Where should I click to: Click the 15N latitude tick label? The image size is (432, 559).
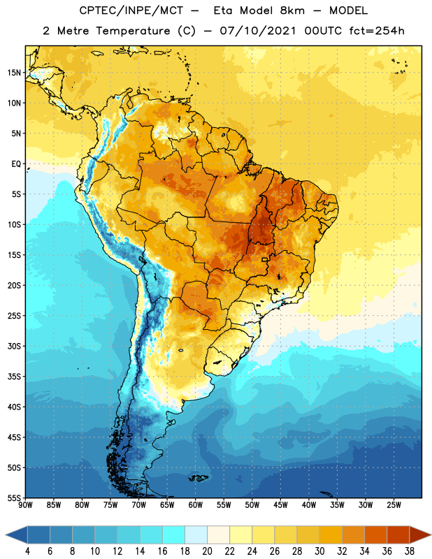[14, 73]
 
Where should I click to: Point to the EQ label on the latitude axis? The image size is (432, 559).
[16, 164]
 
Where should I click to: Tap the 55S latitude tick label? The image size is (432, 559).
[14, 498]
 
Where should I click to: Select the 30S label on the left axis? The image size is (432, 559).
[14, 346]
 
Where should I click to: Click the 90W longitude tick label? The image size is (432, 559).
[25, 505]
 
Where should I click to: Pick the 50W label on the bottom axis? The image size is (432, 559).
[252, 505]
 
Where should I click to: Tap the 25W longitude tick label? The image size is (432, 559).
[394, 505]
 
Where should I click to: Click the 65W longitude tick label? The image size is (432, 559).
[167, 505]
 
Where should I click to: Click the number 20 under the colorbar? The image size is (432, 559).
[207, 551]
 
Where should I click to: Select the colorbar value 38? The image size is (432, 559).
[410, 551]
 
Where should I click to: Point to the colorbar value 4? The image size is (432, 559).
[27, 551]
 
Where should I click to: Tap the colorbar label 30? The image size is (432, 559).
[319, 551]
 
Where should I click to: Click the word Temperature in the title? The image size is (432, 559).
[133, 31]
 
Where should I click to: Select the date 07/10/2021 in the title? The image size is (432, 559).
[258, 31]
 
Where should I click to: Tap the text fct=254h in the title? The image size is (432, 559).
[377, 31]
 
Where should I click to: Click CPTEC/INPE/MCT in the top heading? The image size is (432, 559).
[131, 11]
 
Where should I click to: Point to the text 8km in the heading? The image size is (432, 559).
[292, 10]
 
